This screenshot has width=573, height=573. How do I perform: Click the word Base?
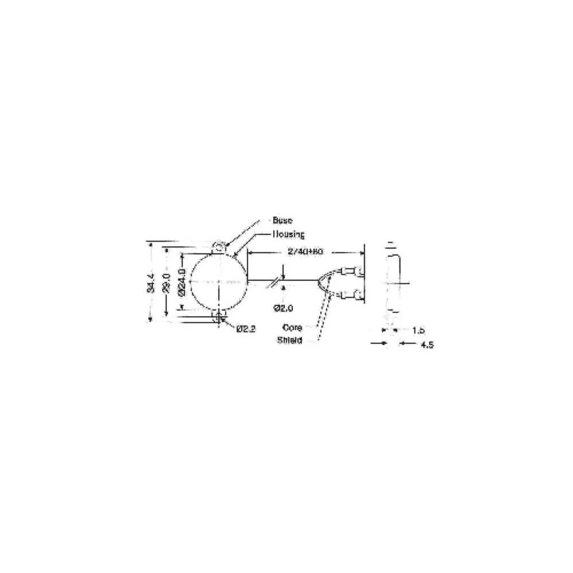[282, 221]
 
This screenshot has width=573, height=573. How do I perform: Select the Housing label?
[288, 234]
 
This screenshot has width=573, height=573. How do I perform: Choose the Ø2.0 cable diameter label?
[283, 308]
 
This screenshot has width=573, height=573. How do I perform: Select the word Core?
[293, 328]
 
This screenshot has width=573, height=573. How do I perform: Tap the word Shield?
[289, 340]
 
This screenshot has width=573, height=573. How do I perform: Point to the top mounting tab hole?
[219, 248]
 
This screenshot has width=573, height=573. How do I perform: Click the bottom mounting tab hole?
[219, 316]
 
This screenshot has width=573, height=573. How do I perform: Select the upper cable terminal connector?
[353, 269]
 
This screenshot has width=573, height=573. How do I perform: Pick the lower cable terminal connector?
[353, 296]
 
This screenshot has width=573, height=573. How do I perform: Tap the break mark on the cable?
[277, 281]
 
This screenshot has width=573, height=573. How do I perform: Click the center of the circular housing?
[219, 282]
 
